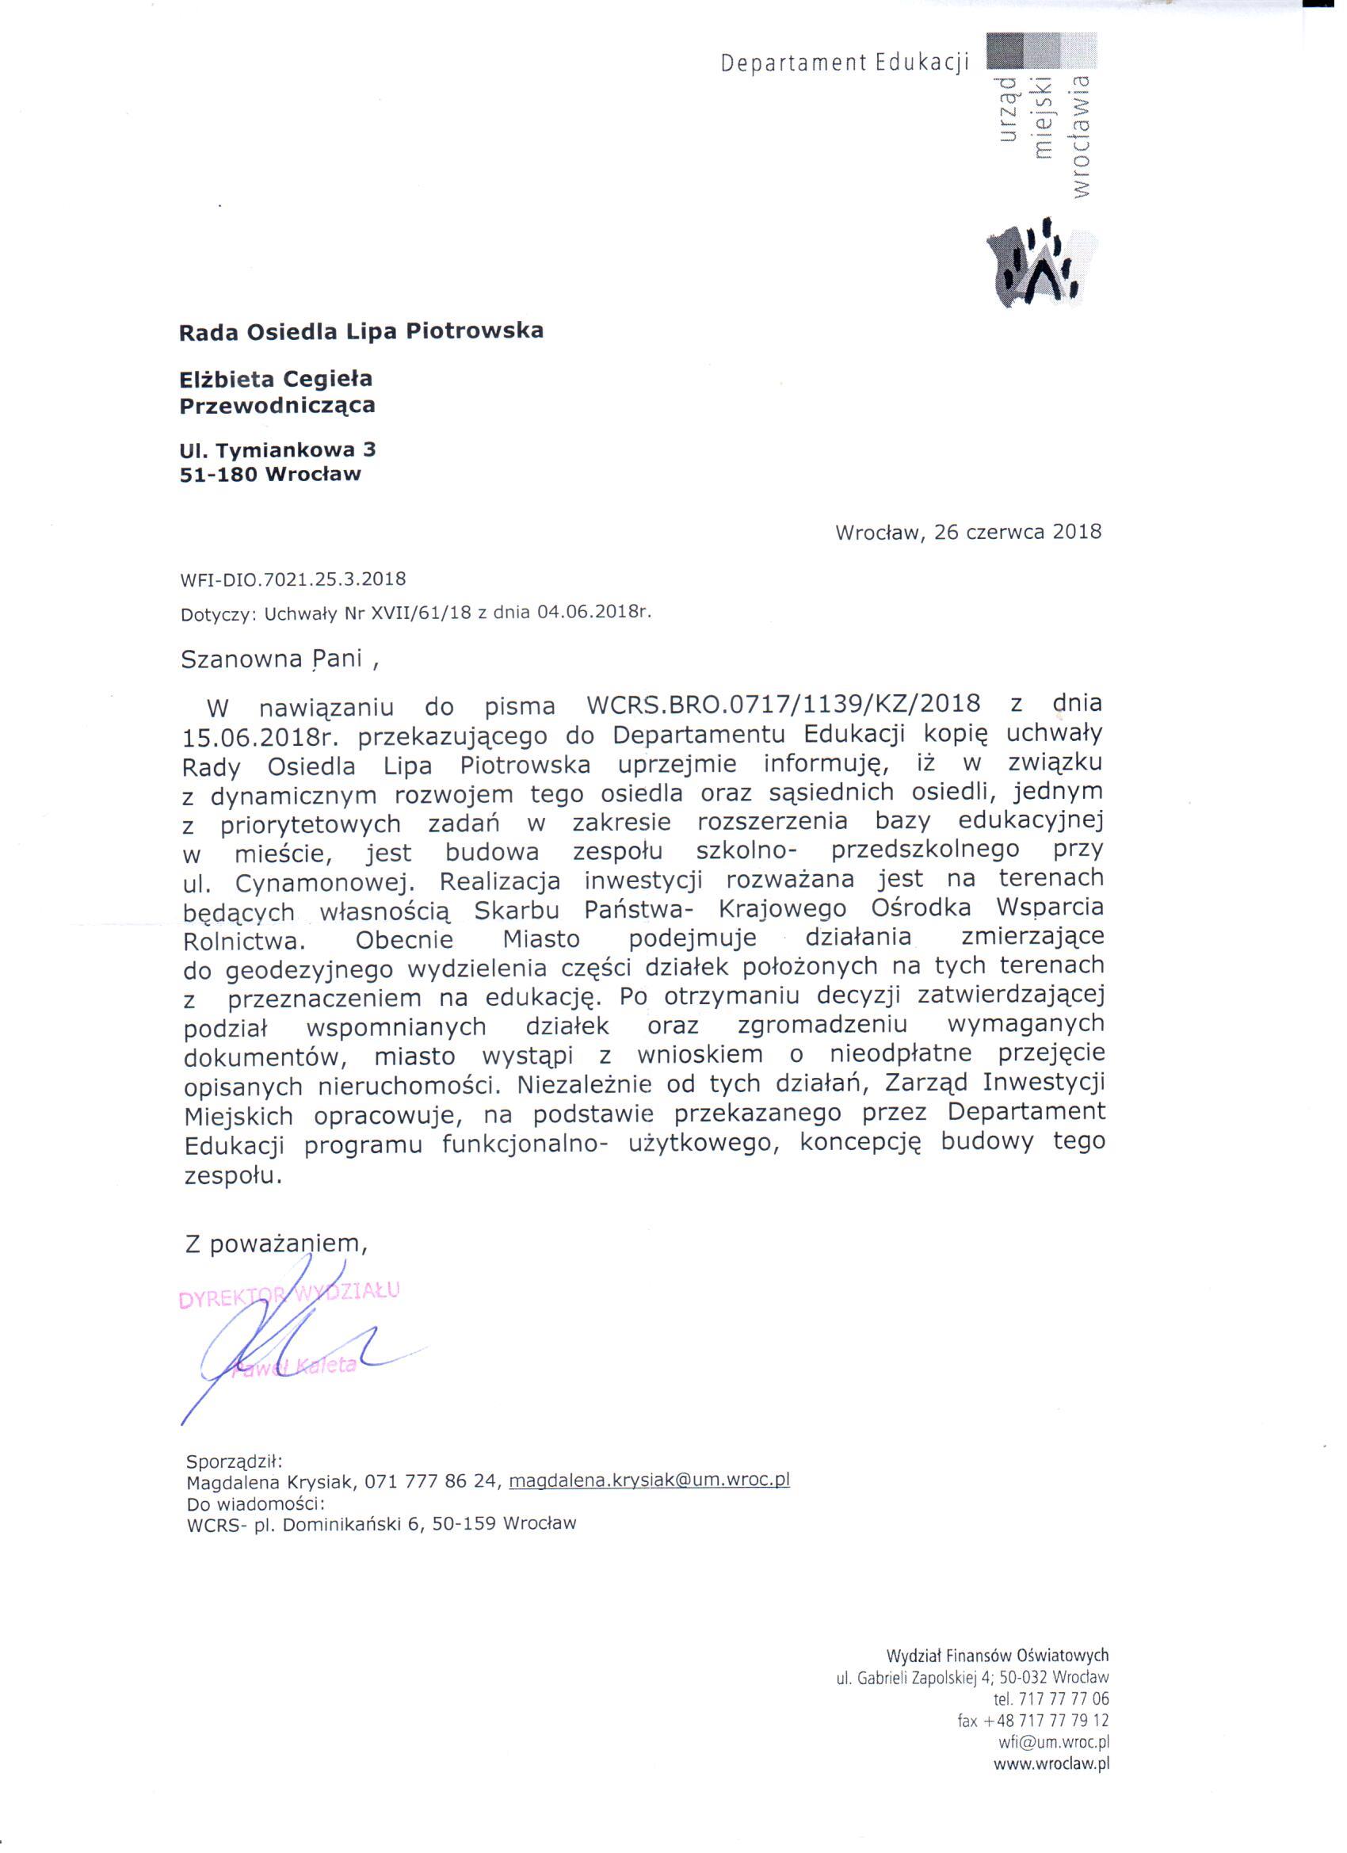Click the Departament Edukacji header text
pos(844,62)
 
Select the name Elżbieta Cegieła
pos(276,379)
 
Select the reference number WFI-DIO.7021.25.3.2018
pos(293,579)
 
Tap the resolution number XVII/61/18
pos(422,613)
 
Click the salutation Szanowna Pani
pos(271,660)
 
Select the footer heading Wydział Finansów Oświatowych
pos(998,1656)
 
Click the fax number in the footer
pos(1033,1721)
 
